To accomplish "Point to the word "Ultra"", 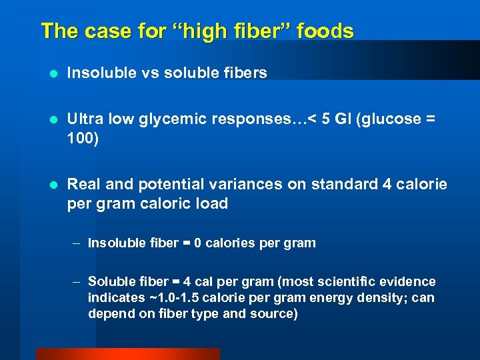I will pos(85,119).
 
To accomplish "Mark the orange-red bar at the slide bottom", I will pos(127,354).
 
